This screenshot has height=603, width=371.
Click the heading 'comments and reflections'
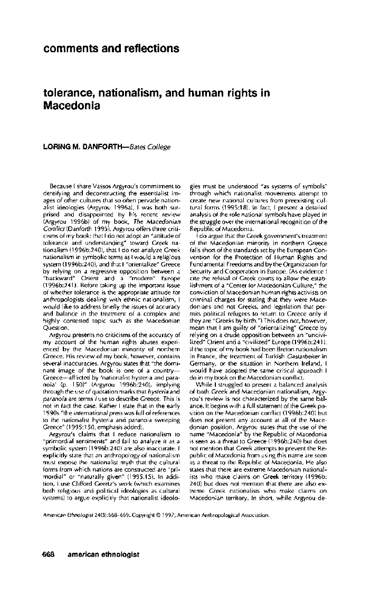pos(111,49)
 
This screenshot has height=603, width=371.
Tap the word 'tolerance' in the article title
pos(68,93)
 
